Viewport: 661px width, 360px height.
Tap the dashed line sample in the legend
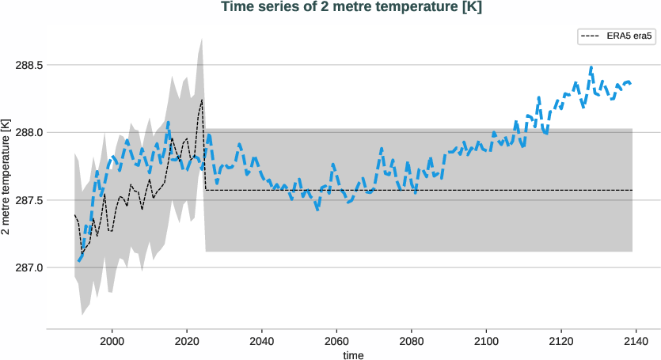[591, 36]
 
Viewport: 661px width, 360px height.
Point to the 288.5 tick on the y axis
[29, 65]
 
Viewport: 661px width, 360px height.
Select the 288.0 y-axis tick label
[29, 132]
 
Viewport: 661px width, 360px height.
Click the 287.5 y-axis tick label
[29, 200]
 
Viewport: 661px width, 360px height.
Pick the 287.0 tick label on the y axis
[29, 267]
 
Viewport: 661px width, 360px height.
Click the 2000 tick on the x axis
[112, 342]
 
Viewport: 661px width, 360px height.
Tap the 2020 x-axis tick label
[187, 342]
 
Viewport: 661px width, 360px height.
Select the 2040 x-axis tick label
[262, 342]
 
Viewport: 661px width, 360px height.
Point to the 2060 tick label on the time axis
[337, 342]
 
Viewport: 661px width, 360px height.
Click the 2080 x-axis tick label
[412, 342]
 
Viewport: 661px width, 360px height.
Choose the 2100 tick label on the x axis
[487, 342]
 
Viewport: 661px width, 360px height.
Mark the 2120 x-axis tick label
[561, 342]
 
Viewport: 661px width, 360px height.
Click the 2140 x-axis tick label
[636, 342]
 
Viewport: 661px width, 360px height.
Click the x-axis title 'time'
[354, 355]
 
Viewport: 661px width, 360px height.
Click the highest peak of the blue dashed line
[591, 68]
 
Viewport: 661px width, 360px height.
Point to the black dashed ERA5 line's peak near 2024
[202, 100]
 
